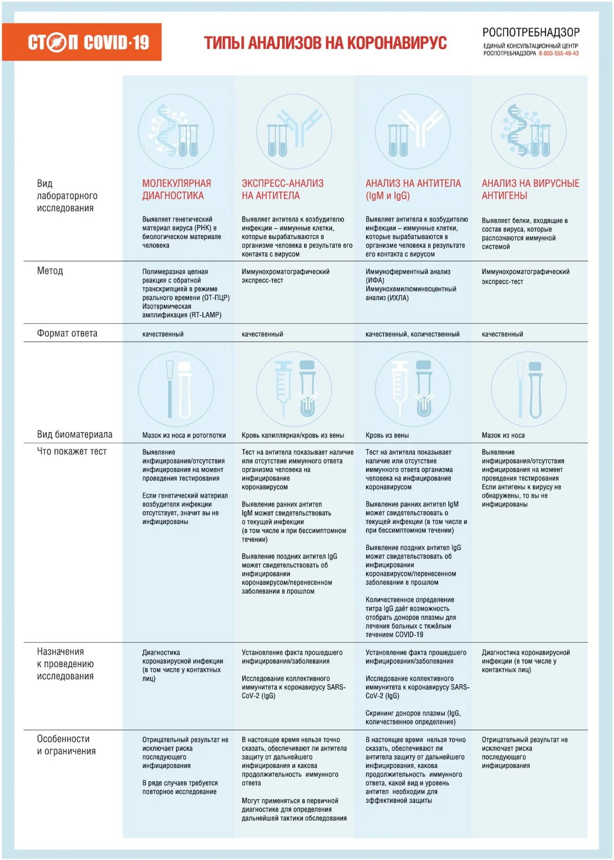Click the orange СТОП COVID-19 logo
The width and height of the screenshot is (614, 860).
pos(82,42)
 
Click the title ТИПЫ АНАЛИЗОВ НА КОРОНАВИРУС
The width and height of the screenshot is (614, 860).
pos(325,43)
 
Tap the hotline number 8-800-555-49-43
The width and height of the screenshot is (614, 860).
pos(558,54)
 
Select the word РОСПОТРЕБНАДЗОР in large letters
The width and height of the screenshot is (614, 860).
pos(531,33)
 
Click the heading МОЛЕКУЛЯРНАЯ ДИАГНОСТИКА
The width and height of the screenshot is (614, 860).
pos(176,189)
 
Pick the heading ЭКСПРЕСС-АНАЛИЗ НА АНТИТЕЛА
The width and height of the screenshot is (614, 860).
pos(283,189)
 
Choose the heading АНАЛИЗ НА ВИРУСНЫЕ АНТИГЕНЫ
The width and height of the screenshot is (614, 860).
pos(530,189)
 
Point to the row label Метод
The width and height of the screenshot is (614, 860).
pos(50,271)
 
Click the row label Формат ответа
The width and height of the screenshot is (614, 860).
pos(67,334)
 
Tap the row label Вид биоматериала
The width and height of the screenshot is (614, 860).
pos(75,434)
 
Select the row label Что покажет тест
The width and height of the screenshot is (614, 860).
pos(72,451)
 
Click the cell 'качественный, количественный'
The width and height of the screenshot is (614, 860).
pos(412,334)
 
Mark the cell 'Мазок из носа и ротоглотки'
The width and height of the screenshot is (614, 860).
pos(184,435)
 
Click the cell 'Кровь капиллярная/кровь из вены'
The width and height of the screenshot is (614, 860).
pos(292,435)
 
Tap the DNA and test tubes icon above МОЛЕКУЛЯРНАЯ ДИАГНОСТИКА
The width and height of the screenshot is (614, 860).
pos(176,132)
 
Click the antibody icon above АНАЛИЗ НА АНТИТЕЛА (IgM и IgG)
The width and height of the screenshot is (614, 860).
pos(412,132)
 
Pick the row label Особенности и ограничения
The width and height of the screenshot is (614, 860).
pos(66,745)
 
